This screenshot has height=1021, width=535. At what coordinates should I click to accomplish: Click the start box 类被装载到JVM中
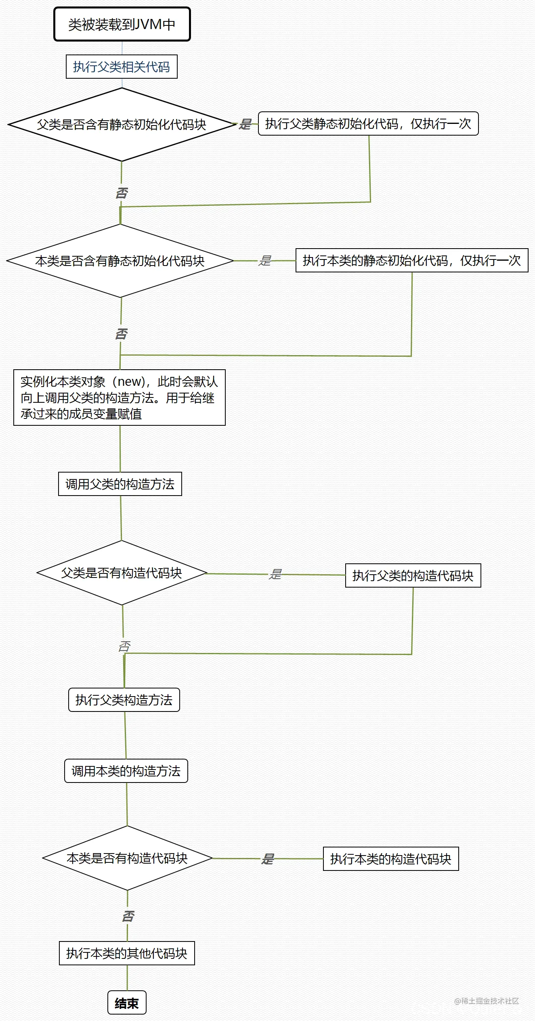(x=122, y=24)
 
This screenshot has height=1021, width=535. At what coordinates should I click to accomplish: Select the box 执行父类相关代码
(x=122, y=67)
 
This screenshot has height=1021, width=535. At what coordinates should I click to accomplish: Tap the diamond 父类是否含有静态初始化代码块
(x=122, y=124)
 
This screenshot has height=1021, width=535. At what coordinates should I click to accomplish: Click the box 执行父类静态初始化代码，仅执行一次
(x=368, y=123)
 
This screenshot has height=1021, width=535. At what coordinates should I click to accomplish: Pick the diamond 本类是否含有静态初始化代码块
(x=120, y=261)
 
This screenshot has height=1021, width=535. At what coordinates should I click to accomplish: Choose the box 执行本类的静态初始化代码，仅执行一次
(x=412, y=260)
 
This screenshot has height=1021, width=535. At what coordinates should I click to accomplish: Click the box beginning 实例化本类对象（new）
(x=120, y=398)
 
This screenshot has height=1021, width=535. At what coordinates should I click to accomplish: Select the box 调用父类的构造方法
(x=120, y=484)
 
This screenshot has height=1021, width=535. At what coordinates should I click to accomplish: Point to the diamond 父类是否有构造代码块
(x=122, y=573)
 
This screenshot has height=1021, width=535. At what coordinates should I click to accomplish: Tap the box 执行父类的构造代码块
(x=413, y=575)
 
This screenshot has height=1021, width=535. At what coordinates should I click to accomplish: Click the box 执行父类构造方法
(x=124, y=700)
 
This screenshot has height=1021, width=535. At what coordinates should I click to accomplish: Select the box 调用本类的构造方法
(x=126, y=771)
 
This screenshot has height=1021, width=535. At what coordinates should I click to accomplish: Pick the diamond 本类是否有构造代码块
(x=127, y=858)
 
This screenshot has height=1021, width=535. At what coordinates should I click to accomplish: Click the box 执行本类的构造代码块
(x=391, y=859)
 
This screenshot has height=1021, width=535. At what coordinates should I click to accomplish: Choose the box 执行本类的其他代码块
(x=127, y=953)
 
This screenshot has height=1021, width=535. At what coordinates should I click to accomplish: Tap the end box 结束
(x=127, y=1003)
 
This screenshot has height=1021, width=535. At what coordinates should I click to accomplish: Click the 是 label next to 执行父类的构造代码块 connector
(x=275, y=574)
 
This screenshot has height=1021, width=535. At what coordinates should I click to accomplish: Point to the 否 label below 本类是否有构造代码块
(x=128, y=916)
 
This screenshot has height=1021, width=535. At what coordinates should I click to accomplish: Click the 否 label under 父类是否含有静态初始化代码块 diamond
(x=122, y=193)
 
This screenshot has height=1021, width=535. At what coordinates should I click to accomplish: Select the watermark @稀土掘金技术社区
(x=487, y=1001)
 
